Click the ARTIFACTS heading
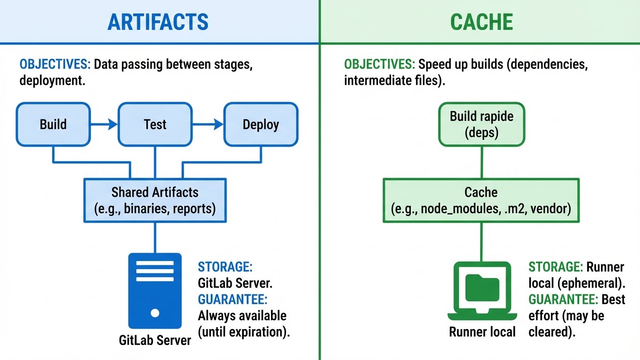coord(158,22)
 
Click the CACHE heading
coord(481,22)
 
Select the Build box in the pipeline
coord(53,124)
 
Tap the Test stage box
coord(155,124)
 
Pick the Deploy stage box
coord(261,124)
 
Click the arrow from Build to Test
coord(104,124)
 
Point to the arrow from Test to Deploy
coord(208,124)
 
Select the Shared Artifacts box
coord(155,200)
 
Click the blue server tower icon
coord(155,291)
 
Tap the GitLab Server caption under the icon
coord(155,340)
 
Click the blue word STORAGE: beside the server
coord(225,267)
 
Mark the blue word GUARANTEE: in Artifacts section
coord(233,299)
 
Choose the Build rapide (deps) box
coord(481,124)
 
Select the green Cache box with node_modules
coord(481,200)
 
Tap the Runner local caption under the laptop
coord(482,332)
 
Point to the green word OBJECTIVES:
coord(379,64)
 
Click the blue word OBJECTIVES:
coord(55,64)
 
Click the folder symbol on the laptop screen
coord(482,288)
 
